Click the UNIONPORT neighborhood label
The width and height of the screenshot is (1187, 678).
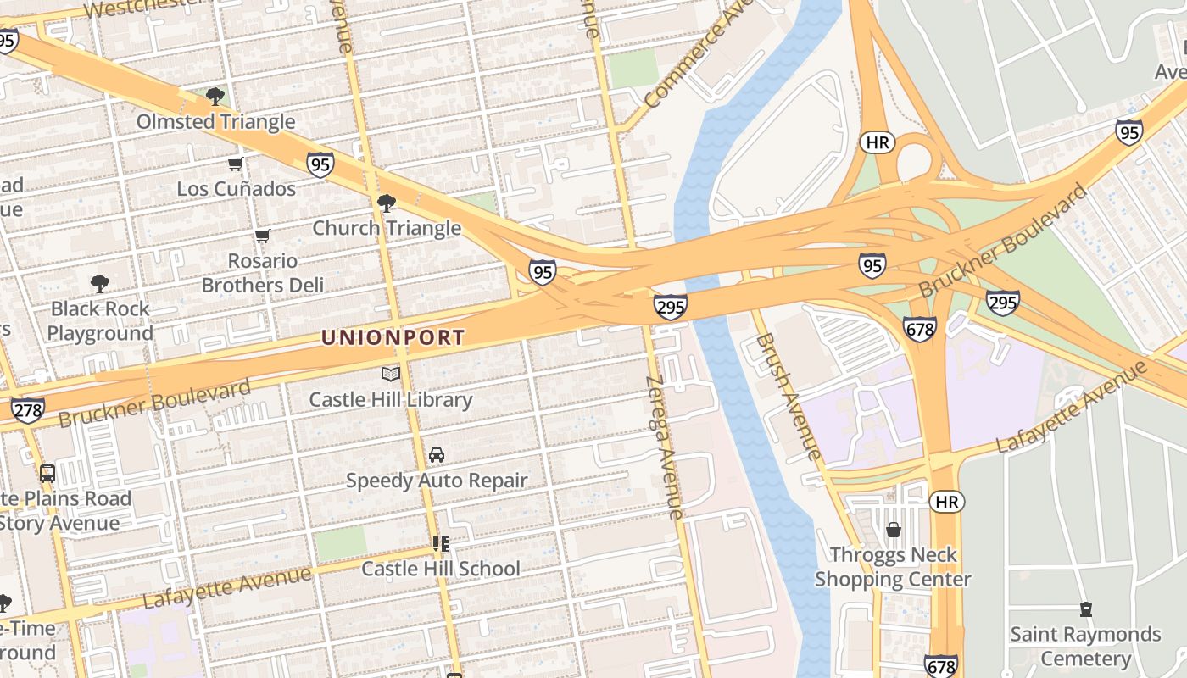pos(393,337)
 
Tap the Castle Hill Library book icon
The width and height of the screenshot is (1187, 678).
pos(390,374)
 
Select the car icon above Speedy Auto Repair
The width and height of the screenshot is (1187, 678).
pos(437,455)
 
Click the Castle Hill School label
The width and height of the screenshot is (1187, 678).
pos(441,569)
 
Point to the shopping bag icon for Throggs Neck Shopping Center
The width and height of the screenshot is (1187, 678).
pos(893,531)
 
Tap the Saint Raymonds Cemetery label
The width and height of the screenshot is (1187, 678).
pos(1085,646)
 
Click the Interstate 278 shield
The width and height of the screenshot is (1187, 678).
pos(27,410)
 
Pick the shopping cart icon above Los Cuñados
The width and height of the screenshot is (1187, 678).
pos(236,164)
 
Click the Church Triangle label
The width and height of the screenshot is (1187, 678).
pos(387,228)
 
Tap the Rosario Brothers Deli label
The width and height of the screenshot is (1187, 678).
pos(263,273)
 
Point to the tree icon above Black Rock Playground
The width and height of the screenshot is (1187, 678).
pos(100,283)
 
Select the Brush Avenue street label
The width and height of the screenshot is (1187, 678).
pos(788,396)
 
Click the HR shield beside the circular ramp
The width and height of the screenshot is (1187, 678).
pos(878,142)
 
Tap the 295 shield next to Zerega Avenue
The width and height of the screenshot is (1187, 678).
pos(670,307)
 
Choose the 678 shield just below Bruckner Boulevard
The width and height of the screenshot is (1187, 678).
pos(919,329)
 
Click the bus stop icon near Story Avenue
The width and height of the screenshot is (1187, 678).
pos(47,474)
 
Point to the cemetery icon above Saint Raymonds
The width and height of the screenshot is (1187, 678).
pos(1085,609)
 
